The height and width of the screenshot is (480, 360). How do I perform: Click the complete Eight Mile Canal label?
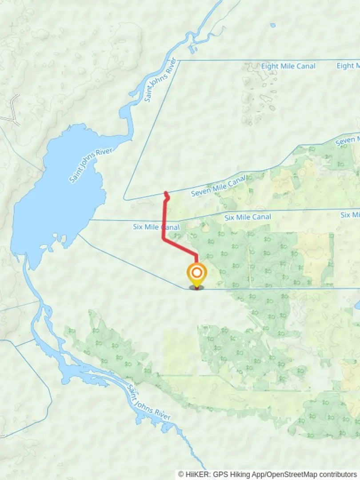point(288,66)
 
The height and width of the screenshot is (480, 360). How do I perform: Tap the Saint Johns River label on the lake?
point(91,165)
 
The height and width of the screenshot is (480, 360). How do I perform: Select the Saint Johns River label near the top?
point(160,80)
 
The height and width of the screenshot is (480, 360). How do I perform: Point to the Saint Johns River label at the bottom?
point(148,403)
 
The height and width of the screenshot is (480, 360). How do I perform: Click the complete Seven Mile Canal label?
point(218,186)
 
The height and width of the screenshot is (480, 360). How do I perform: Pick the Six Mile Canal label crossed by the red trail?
point(156,227)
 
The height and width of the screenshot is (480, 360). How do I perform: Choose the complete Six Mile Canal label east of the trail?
point(248,217)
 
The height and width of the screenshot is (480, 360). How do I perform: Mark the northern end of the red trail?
point(166,193)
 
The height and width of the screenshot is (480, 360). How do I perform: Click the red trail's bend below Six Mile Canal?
point(164,239)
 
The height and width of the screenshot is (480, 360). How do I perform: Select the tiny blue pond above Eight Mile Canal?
point(272,25)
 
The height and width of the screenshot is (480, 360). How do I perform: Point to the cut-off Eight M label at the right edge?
point(348,66)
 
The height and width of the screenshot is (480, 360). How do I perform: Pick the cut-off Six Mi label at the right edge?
point(350,215)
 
